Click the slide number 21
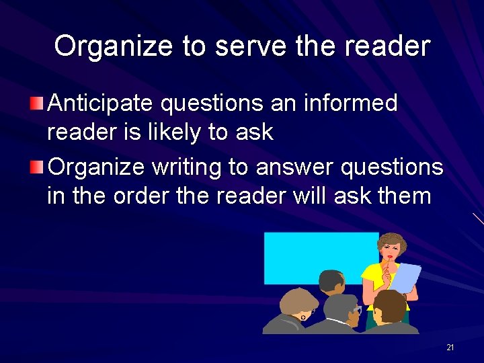click(450, 347)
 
